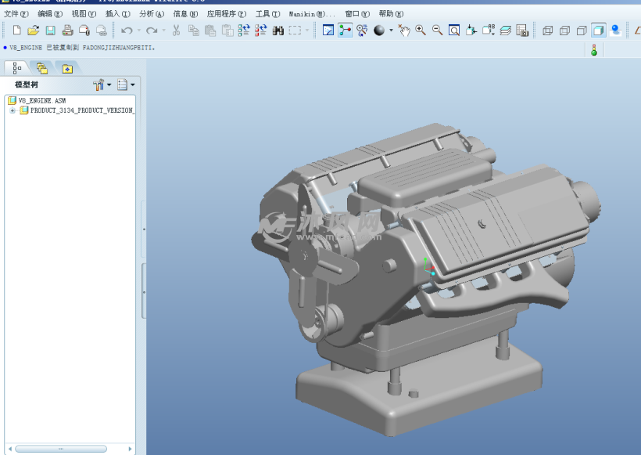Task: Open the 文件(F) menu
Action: tap(16, 14)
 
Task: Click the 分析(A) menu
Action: tap(151, 14)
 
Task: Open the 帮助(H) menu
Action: tap(391, 14)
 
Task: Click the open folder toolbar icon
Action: tap(34, 31)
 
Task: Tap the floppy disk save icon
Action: tap(50, 31)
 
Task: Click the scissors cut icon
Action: tap(176, 31)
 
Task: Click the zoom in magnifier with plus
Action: tap(421, 31)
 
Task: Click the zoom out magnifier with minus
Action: tap(437, 31)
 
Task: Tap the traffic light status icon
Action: tap(594, 50)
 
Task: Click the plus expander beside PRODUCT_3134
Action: tap(13, 110)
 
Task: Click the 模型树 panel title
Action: tap(26, 85)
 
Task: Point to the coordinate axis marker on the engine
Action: tap(428, 266)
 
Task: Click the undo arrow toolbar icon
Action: tap(126, 31)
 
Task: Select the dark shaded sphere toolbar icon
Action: tap(379, 31)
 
